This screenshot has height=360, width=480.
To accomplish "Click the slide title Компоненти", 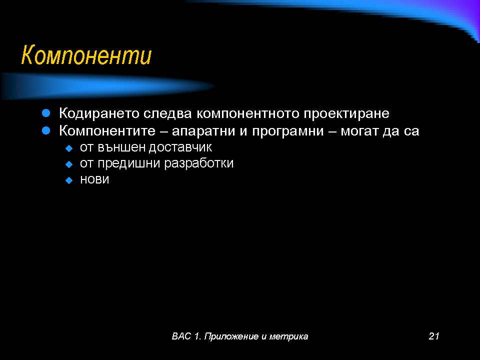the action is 86,55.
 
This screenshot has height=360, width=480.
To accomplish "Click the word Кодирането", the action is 99,113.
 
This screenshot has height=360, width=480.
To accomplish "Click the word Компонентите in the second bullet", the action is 107,131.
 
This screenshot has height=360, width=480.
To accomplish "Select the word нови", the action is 94,179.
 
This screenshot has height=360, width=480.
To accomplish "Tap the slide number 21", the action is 434,336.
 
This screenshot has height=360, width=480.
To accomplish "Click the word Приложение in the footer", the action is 231,336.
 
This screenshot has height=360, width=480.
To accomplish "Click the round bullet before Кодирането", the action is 46,113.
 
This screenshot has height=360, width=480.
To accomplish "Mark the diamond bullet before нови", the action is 69,180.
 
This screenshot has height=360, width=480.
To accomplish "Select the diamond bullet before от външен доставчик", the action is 69,149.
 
